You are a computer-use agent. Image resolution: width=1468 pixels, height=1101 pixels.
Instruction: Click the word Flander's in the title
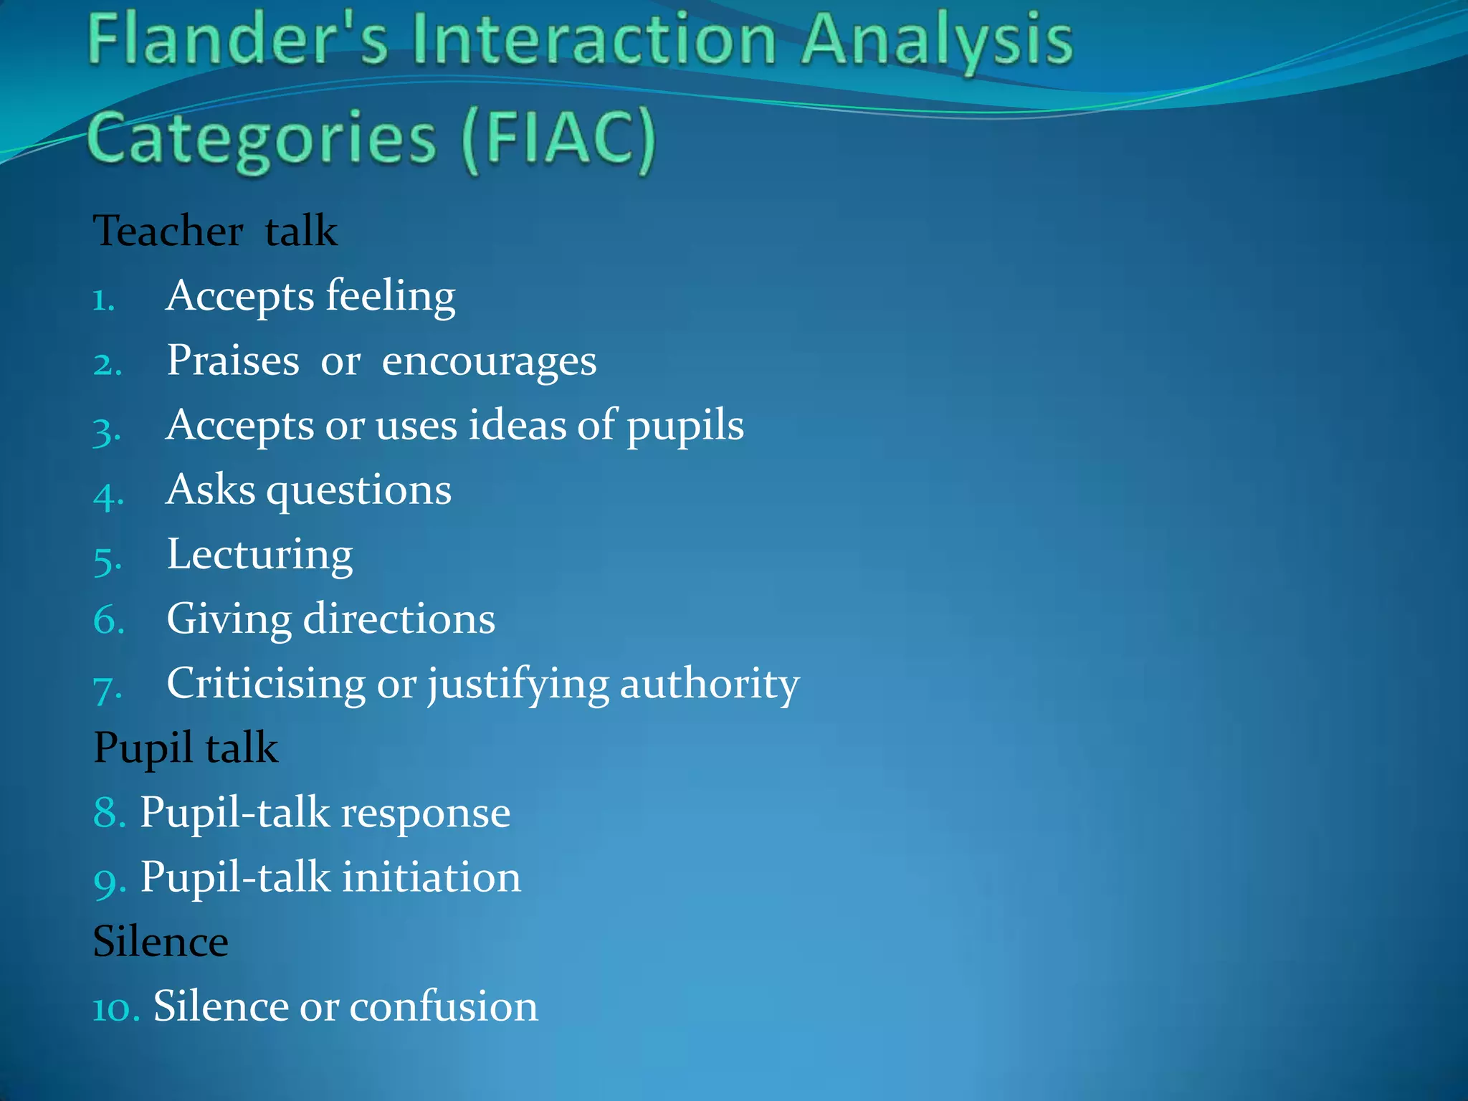[x=237, y=42]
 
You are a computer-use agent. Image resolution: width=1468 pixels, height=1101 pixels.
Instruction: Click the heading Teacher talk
[x=215, y=232]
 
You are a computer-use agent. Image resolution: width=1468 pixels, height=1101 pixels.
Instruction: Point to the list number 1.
[x=104, y=300]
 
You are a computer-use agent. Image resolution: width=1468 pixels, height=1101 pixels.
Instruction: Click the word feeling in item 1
[x=391, y=296]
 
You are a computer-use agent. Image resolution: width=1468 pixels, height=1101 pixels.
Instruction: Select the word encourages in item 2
[x=489, y=361]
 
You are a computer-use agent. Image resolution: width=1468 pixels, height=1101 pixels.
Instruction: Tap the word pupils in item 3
[x=685, y=426]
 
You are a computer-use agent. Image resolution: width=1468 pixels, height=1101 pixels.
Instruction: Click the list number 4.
[x=108, y=495]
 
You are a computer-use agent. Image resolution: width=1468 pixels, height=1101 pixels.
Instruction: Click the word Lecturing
[x=259, y=555]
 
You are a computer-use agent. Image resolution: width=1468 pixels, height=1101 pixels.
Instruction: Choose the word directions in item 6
[x=399, y=619]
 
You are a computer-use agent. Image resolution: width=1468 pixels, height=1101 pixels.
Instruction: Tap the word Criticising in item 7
[x=266, y=684]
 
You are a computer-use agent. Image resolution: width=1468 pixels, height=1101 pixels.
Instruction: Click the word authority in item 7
[x=709, y=684]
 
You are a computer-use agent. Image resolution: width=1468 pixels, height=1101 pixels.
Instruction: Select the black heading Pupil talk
[x=186, y=748]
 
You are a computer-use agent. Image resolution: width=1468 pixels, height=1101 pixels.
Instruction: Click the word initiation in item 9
[x=431, y=877]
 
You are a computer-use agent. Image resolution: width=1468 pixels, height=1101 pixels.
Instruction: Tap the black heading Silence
[x=161, y=942]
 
